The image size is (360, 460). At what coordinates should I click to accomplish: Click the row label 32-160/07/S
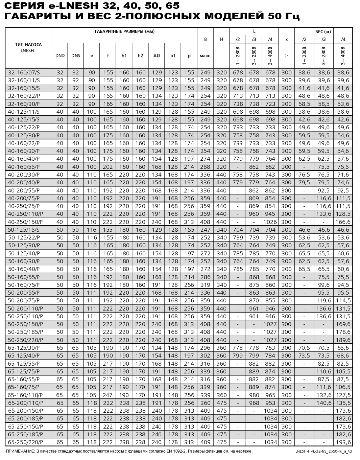point(24,72)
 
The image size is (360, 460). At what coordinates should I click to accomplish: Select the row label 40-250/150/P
point(25,222)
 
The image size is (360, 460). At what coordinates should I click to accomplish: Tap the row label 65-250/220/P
point(25,442)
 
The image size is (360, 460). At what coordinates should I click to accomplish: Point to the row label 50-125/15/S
point(24,230)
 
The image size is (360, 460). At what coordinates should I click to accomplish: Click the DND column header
point(60,56)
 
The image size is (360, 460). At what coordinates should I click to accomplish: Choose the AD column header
point(157,56)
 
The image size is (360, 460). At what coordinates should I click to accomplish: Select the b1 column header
point(173,56)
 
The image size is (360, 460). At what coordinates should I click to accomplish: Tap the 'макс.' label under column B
point(205,56)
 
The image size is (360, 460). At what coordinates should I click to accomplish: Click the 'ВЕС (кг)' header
point(323,32)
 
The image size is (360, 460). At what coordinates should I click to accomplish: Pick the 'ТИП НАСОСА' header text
point(28,45)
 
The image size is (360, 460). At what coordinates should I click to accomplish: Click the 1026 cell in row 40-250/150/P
point(270,222)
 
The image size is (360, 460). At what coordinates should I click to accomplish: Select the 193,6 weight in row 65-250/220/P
point(343,442)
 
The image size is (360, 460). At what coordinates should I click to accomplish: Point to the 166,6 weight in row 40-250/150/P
point(343,222)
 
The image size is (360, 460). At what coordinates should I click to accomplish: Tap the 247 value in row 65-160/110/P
point(108,395)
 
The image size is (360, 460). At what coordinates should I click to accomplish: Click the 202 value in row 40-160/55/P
point(108,167)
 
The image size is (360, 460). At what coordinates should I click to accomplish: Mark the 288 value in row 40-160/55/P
point(205,167)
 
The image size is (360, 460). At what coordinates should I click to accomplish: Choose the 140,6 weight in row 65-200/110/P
point(324,403)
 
